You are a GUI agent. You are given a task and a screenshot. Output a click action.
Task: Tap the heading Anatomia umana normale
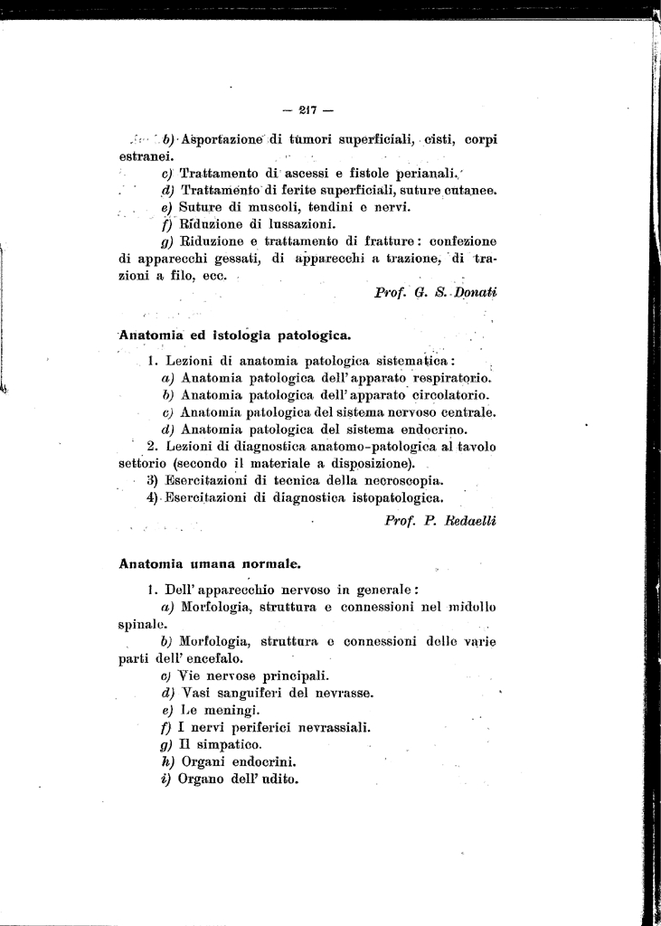[210, 563]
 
